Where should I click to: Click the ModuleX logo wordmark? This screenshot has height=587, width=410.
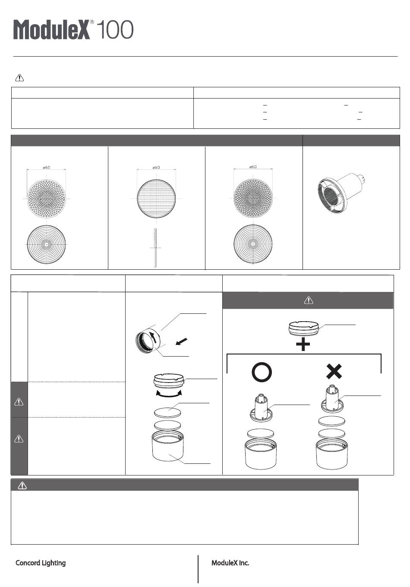[x=51, y=30]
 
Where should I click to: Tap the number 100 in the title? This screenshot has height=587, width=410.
[x=115, y=30]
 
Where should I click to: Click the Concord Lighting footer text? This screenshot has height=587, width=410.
[x=41, y=563]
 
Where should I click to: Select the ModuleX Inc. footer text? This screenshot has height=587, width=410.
[x=230, y=563]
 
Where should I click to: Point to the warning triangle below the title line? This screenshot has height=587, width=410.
[x=19, y=78]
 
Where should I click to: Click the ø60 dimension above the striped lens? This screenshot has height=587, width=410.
[x=156, y=167]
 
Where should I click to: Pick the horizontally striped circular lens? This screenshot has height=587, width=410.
[x=156, y=198]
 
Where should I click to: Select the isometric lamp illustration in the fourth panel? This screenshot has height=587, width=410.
[x=341, y=193]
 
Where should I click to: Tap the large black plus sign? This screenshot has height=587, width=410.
[x=303, y=344]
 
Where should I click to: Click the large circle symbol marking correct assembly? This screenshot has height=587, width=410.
[x=262, y=372]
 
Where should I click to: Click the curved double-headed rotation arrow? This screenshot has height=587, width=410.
[x=169, y=394]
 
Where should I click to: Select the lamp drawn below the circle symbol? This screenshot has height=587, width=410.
[x=261, y=408]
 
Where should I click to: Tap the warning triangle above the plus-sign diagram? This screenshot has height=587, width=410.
[x=309, y=300]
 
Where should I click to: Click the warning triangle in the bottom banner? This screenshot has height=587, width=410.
[x=22, y=485]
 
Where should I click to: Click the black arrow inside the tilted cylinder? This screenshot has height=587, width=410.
[x=154, y=337]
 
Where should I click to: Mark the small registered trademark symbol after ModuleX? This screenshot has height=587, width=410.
[x=92, y=22]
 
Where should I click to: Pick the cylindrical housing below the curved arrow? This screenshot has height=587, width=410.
[x=167, y=445]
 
